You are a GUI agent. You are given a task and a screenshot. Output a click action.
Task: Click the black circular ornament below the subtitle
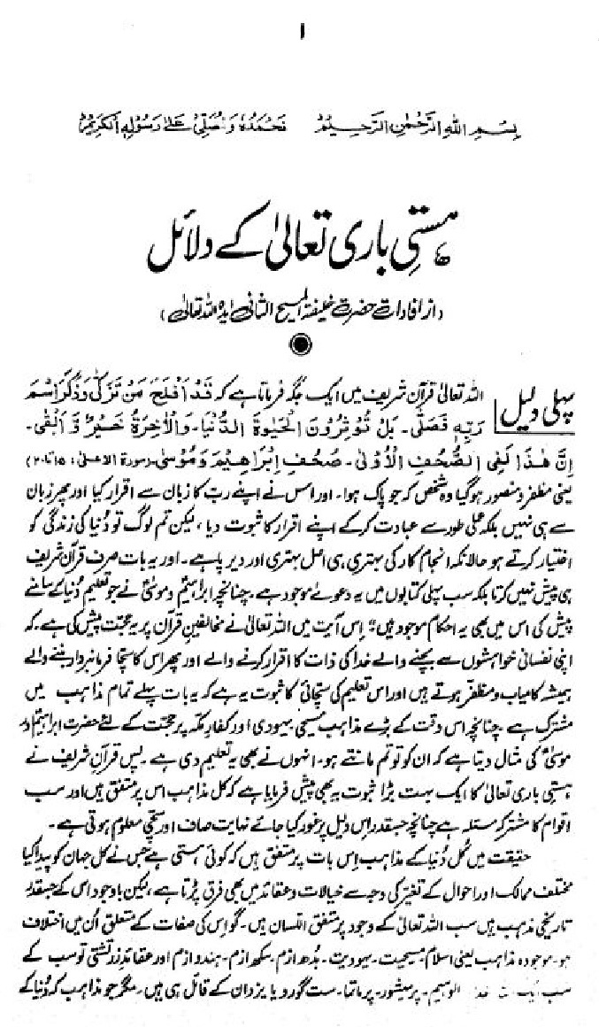[x=300, y=343]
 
